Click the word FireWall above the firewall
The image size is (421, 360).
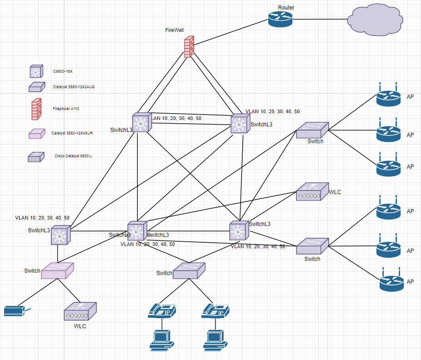click(x=175, y=30)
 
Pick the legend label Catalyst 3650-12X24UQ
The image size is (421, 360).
click(x=73, y=86)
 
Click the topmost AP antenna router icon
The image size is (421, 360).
click(x=389, y=96)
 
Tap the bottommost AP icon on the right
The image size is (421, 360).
click(x=391, y=282)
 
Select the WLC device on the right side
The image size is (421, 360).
click(x=312, y=192)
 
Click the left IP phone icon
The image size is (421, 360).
click(x=162, y=311)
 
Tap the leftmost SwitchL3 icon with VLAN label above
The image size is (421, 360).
click(x=60, y=235)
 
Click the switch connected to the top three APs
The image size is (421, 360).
click(x=312, y=130)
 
